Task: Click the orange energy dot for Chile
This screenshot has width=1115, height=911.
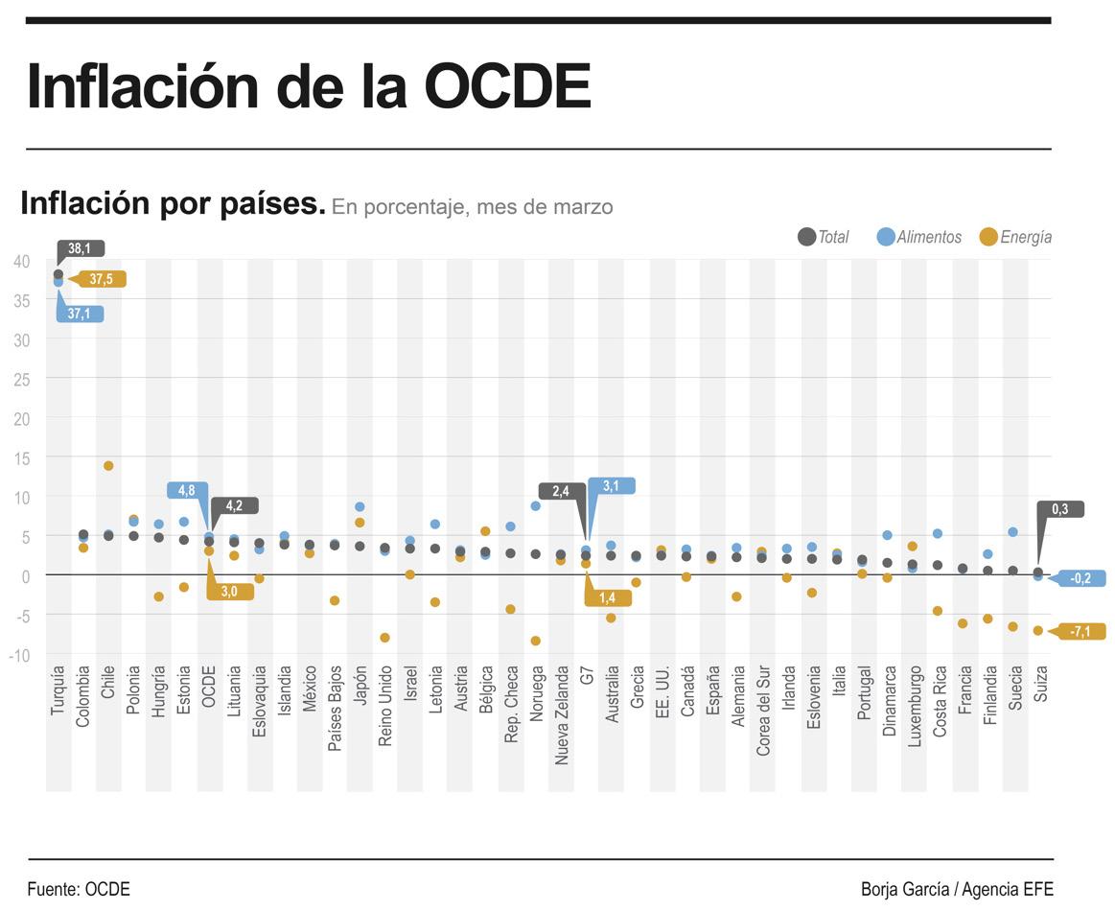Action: [x=108, y=466]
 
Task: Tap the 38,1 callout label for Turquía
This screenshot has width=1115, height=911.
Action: [x=81, y=248]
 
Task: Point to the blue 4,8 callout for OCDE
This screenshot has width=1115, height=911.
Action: [x=187, y=490]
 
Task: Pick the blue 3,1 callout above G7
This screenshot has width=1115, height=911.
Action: [x=611, y=486]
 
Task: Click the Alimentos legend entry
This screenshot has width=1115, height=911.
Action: [x=919, y=237]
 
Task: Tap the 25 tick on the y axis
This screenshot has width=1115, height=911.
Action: [x=21, y=379]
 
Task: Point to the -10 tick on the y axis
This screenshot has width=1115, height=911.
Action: [x=19, y=655]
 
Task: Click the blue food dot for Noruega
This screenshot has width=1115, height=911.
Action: [x=536, y=505]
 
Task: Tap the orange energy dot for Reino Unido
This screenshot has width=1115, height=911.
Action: [x=385, y=638]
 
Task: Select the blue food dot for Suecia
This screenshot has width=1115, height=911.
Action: [x=1013, y=532]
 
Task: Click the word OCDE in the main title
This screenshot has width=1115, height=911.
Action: [x=507, y=86]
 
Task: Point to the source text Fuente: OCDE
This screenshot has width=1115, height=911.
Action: [x=79, y=889]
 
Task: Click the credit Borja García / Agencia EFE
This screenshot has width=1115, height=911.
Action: [x=957, y=889]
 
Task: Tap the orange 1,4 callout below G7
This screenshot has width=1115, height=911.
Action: [x=608, y=597]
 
